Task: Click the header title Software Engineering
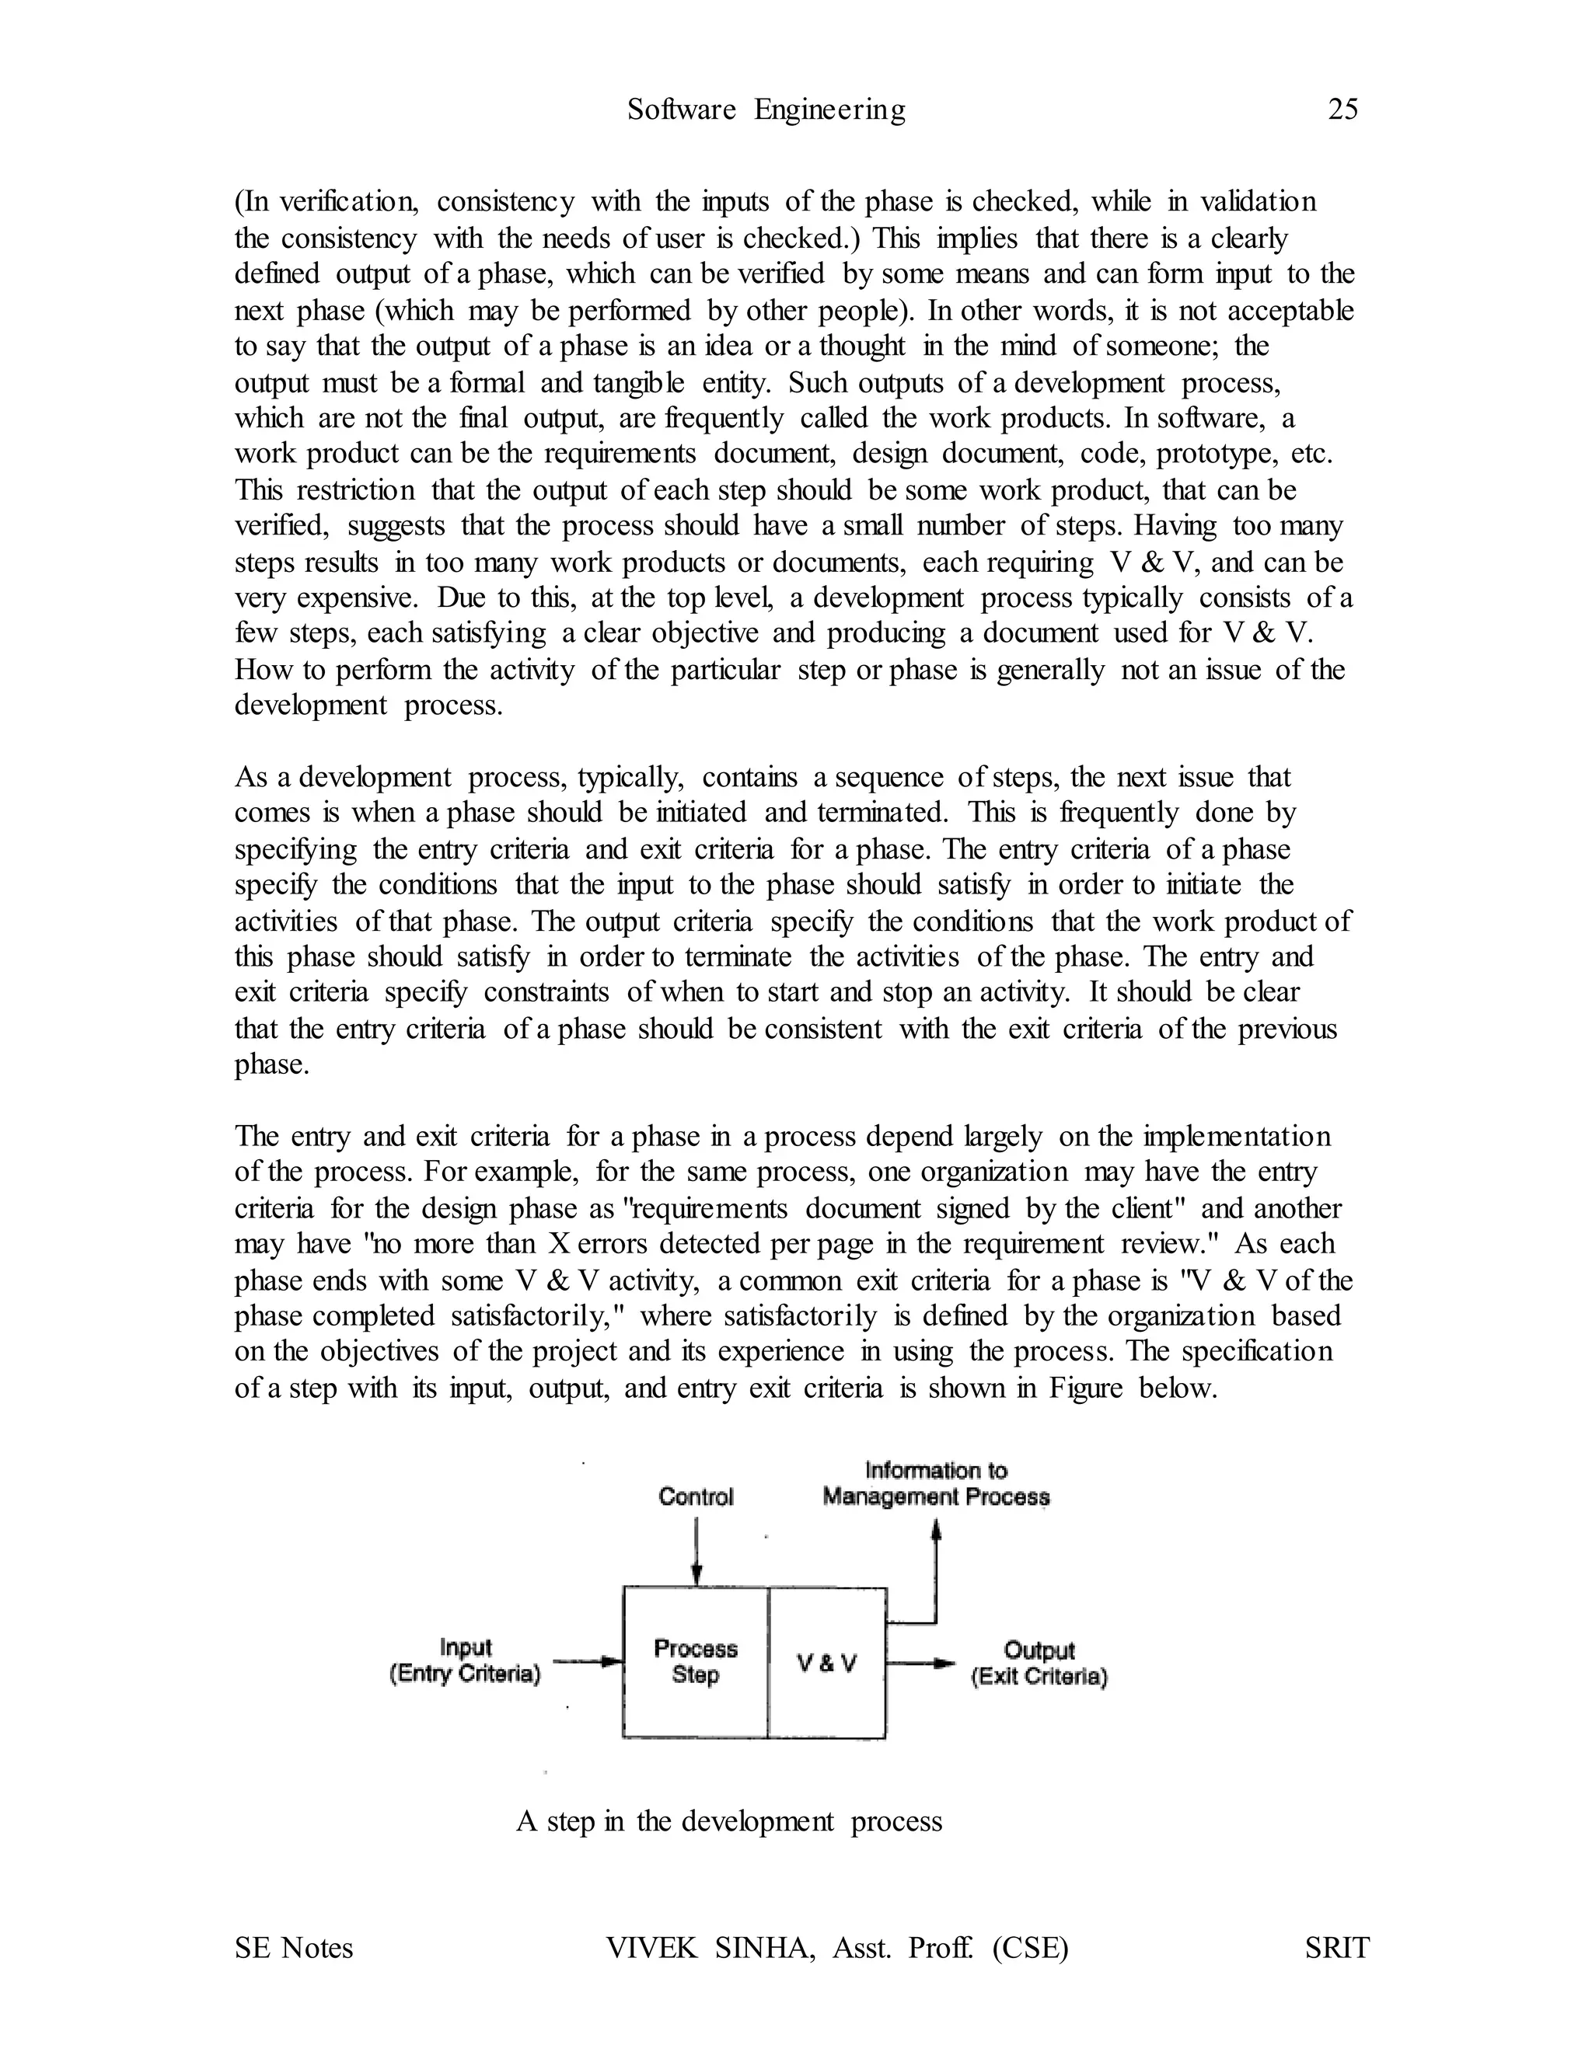(766, 110)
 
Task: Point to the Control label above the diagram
(695, 1497)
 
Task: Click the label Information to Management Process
(936, 1484)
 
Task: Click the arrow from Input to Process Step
(588, 1662)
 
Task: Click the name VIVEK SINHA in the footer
(710, 1948)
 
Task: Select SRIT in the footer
(1336, 1948)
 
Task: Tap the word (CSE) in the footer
(1030, 1948)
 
